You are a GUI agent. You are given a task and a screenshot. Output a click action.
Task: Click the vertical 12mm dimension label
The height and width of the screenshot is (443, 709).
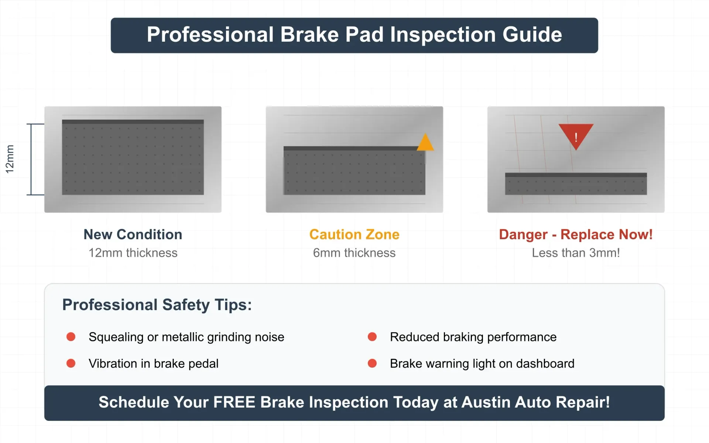10,159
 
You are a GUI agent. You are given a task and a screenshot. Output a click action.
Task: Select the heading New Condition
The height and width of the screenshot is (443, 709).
133,234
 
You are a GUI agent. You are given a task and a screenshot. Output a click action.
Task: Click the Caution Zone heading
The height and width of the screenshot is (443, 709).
354,234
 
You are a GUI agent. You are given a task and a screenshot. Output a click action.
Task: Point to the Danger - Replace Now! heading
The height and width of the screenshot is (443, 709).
576,234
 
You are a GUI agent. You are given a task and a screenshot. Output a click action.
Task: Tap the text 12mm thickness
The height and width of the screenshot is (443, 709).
133,253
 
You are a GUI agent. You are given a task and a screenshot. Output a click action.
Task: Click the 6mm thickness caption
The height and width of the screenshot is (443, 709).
354,253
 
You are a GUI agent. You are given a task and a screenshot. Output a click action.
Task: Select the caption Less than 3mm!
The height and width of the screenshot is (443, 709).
576,253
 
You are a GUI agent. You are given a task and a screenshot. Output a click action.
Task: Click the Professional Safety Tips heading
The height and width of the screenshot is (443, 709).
157,305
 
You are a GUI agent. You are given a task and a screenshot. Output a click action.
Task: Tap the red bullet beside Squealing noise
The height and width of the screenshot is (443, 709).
71,337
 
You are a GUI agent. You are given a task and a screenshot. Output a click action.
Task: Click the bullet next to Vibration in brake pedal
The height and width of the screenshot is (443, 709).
71,363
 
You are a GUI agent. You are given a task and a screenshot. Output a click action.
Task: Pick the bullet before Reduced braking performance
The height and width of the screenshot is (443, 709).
372,337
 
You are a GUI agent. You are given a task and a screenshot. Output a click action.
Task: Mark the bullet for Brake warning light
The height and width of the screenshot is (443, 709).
372,363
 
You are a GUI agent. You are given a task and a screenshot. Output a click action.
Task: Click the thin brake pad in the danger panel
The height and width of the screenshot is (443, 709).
576,184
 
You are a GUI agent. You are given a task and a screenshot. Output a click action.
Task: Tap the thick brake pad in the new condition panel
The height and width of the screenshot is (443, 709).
133,157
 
